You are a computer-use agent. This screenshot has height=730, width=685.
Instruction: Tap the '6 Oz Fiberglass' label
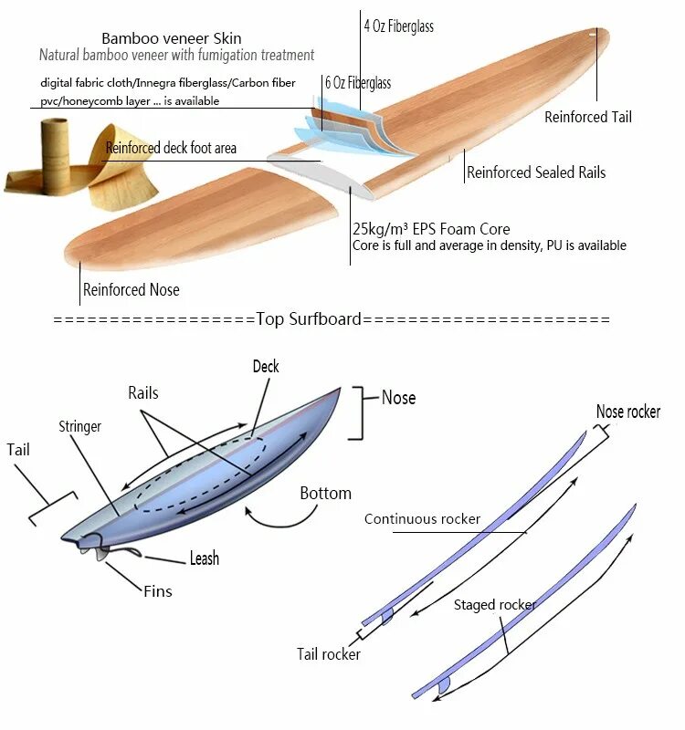pyautogui.click(x=357, y=83)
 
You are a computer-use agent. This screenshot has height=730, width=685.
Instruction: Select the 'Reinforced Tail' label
pyautogui.click(x=587, y=117)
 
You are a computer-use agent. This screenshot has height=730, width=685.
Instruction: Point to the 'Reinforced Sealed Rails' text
pyautogui.click(x=536, y=172)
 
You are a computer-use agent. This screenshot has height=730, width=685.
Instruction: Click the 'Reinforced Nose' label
pyautogui.click(x=131, y=290)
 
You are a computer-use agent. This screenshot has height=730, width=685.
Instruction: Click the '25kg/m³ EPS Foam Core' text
pyautogui.click(x=431, y=229)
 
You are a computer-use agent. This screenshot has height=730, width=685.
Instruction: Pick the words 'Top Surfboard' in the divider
pyautogui.click(x=309, y=319)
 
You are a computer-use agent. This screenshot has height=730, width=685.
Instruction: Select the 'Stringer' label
pyautogui.click(x=79, y=426)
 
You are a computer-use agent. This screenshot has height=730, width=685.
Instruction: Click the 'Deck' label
pyautogui.click(x=266, y=367)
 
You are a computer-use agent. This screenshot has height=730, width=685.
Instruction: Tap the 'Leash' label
pyautogui.click(x=204, y=558)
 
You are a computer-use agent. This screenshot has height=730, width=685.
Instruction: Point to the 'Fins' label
pyautogui.click(x=157, y=591)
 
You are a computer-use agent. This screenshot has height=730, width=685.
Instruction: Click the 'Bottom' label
pyautogui.click(x=325, y=494)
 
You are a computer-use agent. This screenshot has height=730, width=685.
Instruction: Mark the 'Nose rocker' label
pyautogui.click(x=627, y=412)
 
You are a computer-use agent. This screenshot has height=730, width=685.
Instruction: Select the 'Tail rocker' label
pyautogui.click(x=328, y=653)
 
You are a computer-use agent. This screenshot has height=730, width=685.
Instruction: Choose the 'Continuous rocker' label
pyautogui.click(x=422, y=519)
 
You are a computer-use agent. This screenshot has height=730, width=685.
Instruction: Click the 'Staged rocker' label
pyautogui.click(x=494, y=604)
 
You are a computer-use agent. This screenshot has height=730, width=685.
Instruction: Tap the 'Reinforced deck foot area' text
pyautogui.click(x=171, y=148)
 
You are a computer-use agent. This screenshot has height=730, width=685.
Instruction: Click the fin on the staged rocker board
pyautogui.click(x=445, y=685)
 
